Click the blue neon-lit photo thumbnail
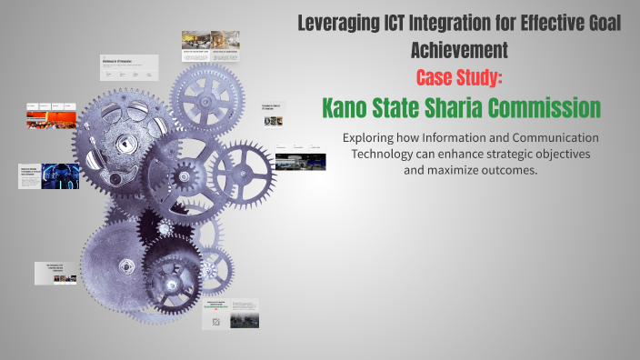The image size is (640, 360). point(61,176)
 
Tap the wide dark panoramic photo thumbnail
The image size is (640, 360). point(300,163)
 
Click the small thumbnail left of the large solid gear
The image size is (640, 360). point(55,274)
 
